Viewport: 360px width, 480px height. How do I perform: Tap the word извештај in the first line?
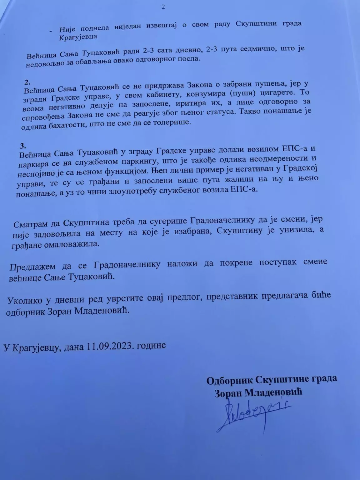[163, 25]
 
